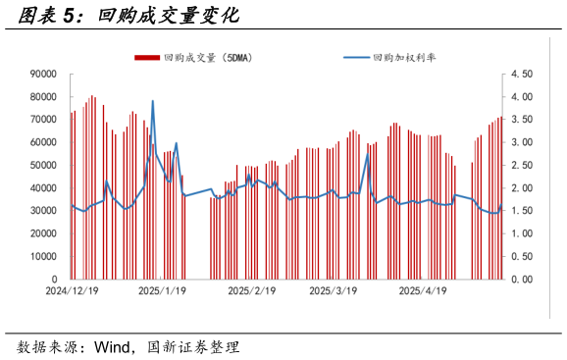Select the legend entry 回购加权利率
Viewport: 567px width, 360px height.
point(404,58)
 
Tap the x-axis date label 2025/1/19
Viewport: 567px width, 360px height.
point(162,291)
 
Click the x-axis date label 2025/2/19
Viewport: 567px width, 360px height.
point(252,291)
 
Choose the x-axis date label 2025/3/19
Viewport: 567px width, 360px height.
point(333,291)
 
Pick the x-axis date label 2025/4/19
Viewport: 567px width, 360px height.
point(424,291)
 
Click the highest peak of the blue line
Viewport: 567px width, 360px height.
point(152,101)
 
